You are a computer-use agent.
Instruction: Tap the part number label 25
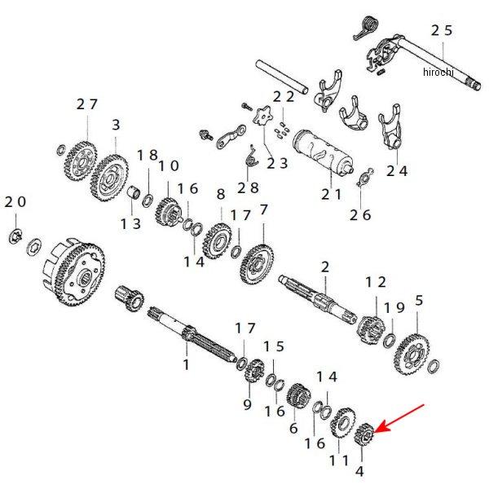pyautogui.click(x=441, y=30)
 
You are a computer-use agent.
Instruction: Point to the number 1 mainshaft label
pyautogui.click(x=186, y=364)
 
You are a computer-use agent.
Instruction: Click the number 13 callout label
pyautogui.click(x=130, y=222)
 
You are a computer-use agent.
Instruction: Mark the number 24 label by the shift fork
pyautogui.click(x=397, y=171)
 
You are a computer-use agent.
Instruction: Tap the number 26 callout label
pyautogui.click(x=360, y=214)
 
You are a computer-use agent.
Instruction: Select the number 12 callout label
pyautogui.click(x=376, y=282)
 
